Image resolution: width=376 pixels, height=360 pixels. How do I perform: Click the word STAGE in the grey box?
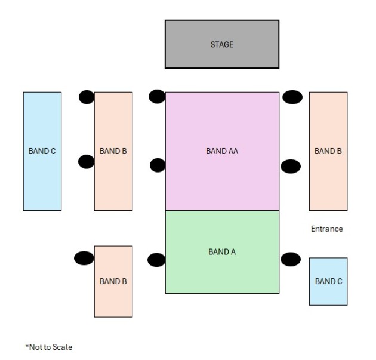[x=222, y=45]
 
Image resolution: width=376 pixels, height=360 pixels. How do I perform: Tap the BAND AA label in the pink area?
[x=222, y=151]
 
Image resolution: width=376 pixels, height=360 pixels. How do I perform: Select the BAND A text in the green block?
[x=222, y=252]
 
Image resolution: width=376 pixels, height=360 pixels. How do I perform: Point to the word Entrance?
[x=327, y=229]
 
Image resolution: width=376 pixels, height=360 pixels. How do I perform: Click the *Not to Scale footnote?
[x=49, y=347]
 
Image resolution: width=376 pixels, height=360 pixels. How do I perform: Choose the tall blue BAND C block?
[x=42, y=151]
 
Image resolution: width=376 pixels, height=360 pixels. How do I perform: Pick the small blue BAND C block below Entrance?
[x=328, y=281]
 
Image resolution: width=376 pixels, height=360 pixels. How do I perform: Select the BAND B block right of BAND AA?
[x=328, y=151]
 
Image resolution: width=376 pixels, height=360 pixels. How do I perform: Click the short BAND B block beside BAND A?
[x=113, y=281]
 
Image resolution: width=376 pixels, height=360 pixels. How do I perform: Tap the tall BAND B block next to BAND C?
[x=113, y=151]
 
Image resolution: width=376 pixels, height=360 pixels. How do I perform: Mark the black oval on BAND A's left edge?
[x=156, y=260]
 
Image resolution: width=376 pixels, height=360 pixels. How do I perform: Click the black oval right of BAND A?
[x=291, y=259]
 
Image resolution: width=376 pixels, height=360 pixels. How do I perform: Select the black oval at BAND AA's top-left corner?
[x=157, y=96]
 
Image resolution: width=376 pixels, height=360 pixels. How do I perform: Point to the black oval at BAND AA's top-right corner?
[x=292, y=97]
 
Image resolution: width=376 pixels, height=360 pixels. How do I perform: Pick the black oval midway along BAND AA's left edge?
[x=158, y=165]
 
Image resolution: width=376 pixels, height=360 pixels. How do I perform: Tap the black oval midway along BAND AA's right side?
[x=291, y=166]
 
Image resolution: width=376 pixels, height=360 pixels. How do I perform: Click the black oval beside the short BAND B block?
[x=84, y=258]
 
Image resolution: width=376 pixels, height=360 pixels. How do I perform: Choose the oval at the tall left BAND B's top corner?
[x=87, y=97]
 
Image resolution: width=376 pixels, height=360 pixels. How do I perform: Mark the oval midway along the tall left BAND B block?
[x=87, y=162]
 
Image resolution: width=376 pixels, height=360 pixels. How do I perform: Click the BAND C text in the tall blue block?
[x=42, y=151]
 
